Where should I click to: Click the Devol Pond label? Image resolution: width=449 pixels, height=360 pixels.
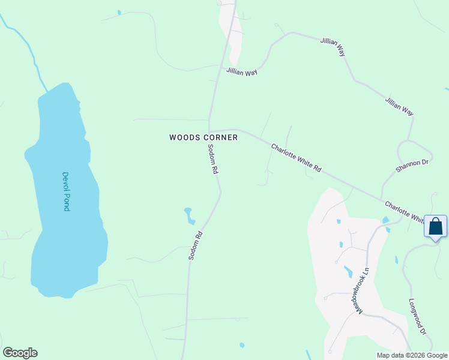point(66,191)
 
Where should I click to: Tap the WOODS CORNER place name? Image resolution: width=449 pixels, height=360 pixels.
point(203,137)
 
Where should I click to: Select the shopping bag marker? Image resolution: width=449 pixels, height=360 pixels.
point(435,227)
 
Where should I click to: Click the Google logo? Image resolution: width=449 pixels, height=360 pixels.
point(20,353)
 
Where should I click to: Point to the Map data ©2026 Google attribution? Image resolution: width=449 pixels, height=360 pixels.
point(412,355)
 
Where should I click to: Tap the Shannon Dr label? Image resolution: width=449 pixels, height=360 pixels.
point(412,166)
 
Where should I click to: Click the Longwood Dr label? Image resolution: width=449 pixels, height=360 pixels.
point(417,317)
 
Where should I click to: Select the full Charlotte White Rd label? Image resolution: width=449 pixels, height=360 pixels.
point(296,158)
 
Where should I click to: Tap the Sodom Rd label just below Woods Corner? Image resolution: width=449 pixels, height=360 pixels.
point(212,159)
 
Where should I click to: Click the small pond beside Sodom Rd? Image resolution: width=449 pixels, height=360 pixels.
point(189,215)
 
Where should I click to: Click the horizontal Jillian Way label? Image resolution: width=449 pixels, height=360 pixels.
point(242,71)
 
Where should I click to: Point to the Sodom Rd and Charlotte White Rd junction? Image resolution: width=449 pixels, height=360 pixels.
point(209,131)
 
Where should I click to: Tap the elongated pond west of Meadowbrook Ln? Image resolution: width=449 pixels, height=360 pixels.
point(348,272)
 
